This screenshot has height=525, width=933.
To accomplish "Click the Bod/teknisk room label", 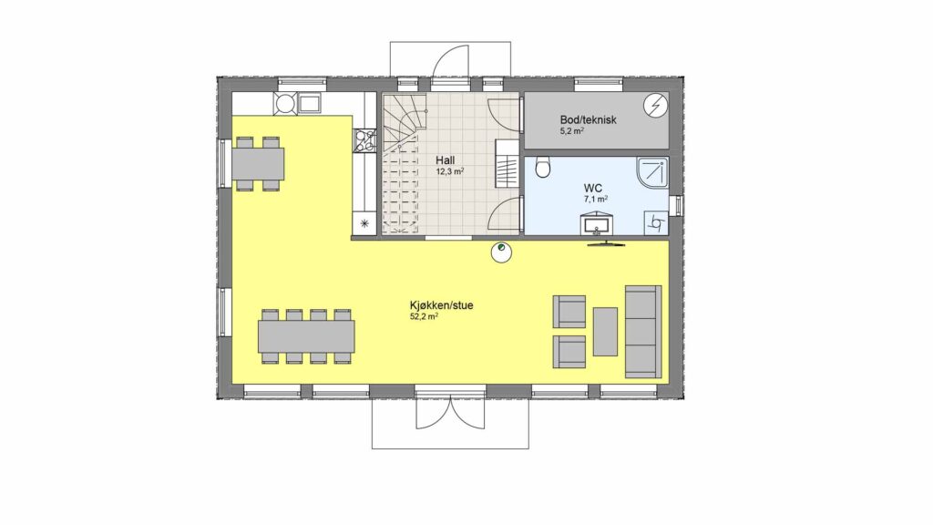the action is (x=588, y=119).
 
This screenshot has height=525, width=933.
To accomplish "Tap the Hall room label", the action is (x=445, y=160).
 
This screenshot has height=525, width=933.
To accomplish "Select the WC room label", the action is (x=592, y=188).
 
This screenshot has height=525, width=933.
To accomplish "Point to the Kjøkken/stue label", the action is (x=442, y=305).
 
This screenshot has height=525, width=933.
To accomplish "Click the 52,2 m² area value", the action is (x=425, y=316).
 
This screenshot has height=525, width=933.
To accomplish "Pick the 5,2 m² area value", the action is (x=571, y=131).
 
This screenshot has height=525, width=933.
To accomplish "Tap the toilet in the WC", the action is (x=542, y=168).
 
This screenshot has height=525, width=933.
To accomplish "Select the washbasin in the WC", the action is (x=596, y=224).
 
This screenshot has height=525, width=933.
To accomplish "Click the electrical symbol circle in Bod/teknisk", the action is (x=656, y=106).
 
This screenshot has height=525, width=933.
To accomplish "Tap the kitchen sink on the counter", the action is (x=309, y=104).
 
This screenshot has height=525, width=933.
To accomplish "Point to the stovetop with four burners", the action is (x=364, y=141).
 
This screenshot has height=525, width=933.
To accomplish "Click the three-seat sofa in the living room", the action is (x=642, y=332).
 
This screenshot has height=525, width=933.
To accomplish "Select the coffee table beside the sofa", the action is (x=605, y=332).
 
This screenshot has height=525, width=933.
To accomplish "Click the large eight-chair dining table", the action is (x=306, y=336).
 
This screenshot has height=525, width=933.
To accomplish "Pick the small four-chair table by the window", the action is (x=257, y=164).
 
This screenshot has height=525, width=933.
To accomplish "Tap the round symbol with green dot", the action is (x=501, y=252).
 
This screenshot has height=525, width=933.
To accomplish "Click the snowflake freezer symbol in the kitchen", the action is (x=364, y=224).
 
